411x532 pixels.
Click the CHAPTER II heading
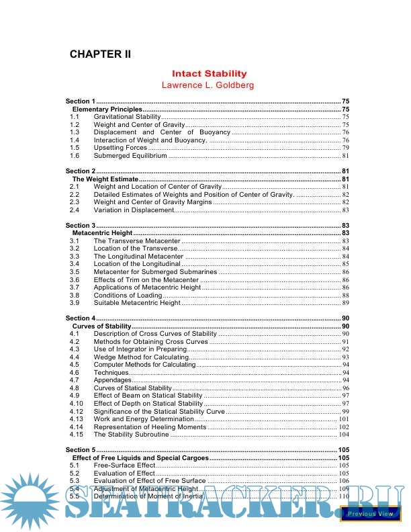point(100,54)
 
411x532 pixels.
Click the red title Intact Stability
point(209,73)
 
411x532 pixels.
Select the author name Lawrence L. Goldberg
point(208,85)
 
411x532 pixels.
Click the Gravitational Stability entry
point(127,117)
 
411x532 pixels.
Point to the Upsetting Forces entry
point(120,148)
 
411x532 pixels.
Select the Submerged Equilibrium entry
point(130,156)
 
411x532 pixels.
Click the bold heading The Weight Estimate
point(105,179)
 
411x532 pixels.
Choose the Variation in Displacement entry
point(134,210)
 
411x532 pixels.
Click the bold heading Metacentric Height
point(105,233)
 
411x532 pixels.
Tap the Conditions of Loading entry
point(128,296)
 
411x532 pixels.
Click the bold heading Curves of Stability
point(102,326)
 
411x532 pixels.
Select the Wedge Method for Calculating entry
point(141,357)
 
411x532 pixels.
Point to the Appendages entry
point(113,380)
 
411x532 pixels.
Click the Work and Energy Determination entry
point(144,419)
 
